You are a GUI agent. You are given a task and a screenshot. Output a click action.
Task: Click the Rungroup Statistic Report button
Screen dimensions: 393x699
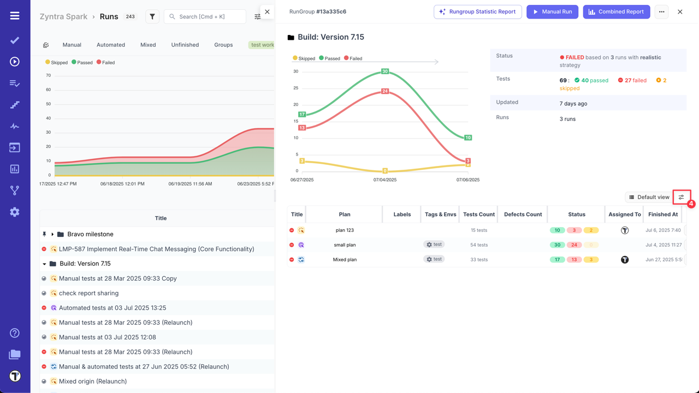coord(477,11)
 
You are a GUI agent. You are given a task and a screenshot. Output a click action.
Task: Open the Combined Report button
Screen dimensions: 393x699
coord(616,11)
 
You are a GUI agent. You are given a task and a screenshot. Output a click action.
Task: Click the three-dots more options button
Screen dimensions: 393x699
coord(661,11)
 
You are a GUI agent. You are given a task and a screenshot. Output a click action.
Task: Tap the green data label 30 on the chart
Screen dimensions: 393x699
coord(385,72)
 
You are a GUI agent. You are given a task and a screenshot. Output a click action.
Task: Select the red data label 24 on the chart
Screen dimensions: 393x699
coord(385,91)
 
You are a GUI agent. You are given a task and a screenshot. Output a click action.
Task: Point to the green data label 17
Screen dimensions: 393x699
coord(302,115)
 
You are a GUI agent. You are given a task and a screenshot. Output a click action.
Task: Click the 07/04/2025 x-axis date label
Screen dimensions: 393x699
coord(385,180)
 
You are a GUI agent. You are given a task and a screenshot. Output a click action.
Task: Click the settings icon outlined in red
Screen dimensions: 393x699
coord(681,197)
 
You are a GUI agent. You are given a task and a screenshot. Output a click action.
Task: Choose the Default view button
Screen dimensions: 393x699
coord(649,197)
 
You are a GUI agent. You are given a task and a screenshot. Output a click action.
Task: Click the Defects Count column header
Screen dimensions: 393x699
coord(523,215)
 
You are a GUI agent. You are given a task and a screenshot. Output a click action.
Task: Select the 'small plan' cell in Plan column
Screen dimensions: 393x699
coord(345,245)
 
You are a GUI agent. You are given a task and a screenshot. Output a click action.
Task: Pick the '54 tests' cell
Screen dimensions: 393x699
coord(479,245)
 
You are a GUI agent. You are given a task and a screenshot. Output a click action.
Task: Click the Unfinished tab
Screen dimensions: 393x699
coord(185,45)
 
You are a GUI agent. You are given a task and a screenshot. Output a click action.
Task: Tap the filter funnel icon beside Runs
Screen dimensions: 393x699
coord(152,17)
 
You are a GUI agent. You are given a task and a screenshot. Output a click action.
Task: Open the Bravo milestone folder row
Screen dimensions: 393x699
coord(90,234)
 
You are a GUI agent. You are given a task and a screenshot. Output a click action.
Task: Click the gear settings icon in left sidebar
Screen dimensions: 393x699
coord(15,212)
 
